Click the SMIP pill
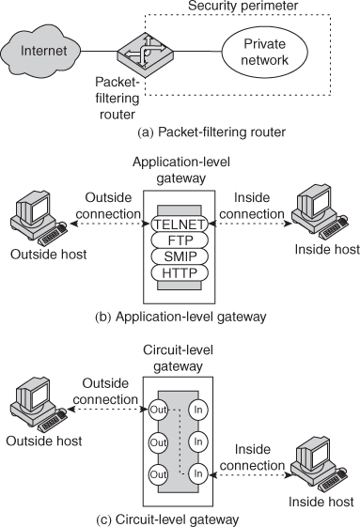pyautogui.click(x=179, y=256)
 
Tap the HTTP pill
pyautogui.click(x=179, y=272)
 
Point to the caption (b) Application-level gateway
pyautogui.click(x=180, y=317)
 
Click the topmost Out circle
pyautogui.click(x=159, y=411)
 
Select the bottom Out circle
pyautogui.click(x=159, y=474)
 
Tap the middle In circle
pyautogui.click(x=198, y=442)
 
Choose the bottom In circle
pyautogui.click(x=198, y=474)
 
